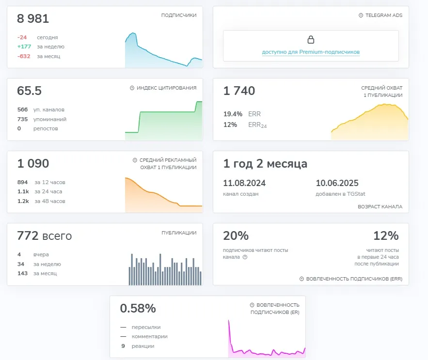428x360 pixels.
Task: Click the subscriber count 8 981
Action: pos(33,18)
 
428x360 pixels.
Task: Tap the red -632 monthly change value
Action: pos(24,56)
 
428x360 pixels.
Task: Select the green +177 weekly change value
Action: pos(24,47)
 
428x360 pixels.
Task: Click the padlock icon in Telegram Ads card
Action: pos(311,40)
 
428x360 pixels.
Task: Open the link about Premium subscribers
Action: pos(311,52)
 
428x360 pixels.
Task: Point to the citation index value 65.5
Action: pos(29,91)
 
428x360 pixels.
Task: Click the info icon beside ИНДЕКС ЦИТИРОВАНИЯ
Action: pos(132,88)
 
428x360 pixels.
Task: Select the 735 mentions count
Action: pos(22,119)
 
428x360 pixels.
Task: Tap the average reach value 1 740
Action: pos(239,91)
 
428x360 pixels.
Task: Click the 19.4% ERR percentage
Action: pos(233,114)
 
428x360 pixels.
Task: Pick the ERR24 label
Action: pos(257,125)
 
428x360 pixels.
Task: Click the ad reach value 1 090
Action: pos(33,163)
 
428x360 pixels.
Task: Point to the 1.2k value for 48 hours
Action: pos(23,201)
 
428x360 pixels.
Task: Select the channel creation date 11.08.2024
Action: pos(244,183)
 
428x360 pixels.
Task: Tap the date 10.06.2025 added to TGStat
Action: pos(337,183)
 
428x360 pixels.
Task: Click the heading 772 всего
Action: pos(45,236)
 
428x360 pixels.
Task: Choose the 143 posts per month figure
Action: pos(22,273)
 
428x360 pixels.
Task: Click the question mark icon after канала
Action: pos(245,257)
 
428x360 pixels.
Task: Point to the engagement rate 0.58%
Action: pos(138,309)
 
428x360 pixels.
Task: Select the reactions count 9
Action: pos(123,346)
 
